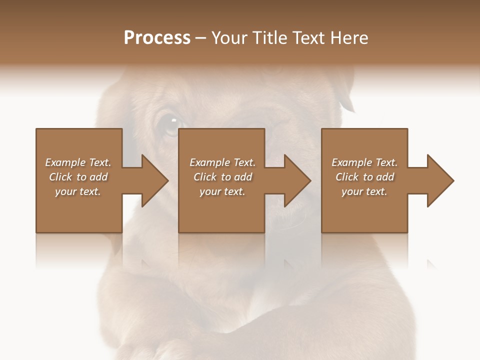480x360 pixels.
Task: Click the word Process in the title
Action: click(x=157, y=38)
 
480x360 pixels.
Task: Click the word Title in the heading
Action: click(x=270, y=38)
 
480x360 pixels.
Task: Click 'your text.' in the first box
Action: click(x=78, y=191)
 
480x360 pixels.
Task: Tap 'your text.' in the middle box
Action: click(x=222, y=191)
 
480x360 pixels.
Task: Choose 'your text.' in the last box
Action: click(x=364, y=191)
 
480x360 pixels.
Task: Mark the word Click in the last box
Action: click(x=347, y=177)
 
